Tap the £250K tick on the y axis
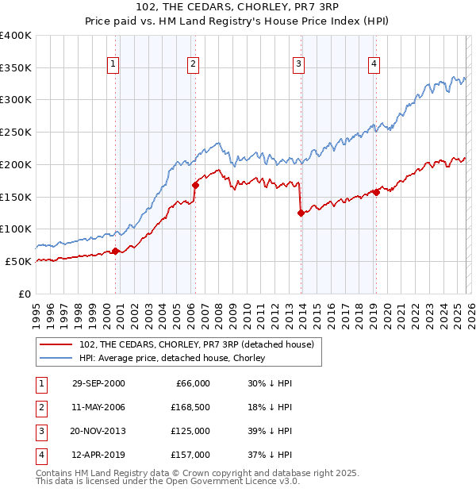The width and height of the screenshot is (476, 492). pos(16,132)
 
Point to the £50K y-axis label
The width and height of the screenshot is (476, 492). pos(18,261)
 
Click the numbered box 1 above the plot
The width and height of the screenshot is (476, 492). pos(113,64)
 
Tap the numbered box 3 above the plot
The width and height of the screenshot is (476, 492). pos(298,64)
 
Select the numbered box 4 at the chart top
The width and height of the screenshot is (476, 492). pos(374,64)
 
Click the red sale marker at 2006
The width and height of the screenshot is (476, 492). pos(194,185)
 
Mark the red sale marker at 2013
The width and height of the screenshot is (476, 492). pos(301,213)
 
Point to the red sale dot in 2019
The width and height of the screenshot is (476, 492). pos(376,192)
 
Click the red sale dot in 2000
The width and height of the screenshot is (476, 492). pos(116,251)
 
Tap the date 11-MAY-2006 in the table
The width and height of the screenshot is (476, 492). pos(98,407)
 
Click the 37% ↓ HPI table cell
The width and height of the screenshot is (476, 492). pos(270,455)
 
